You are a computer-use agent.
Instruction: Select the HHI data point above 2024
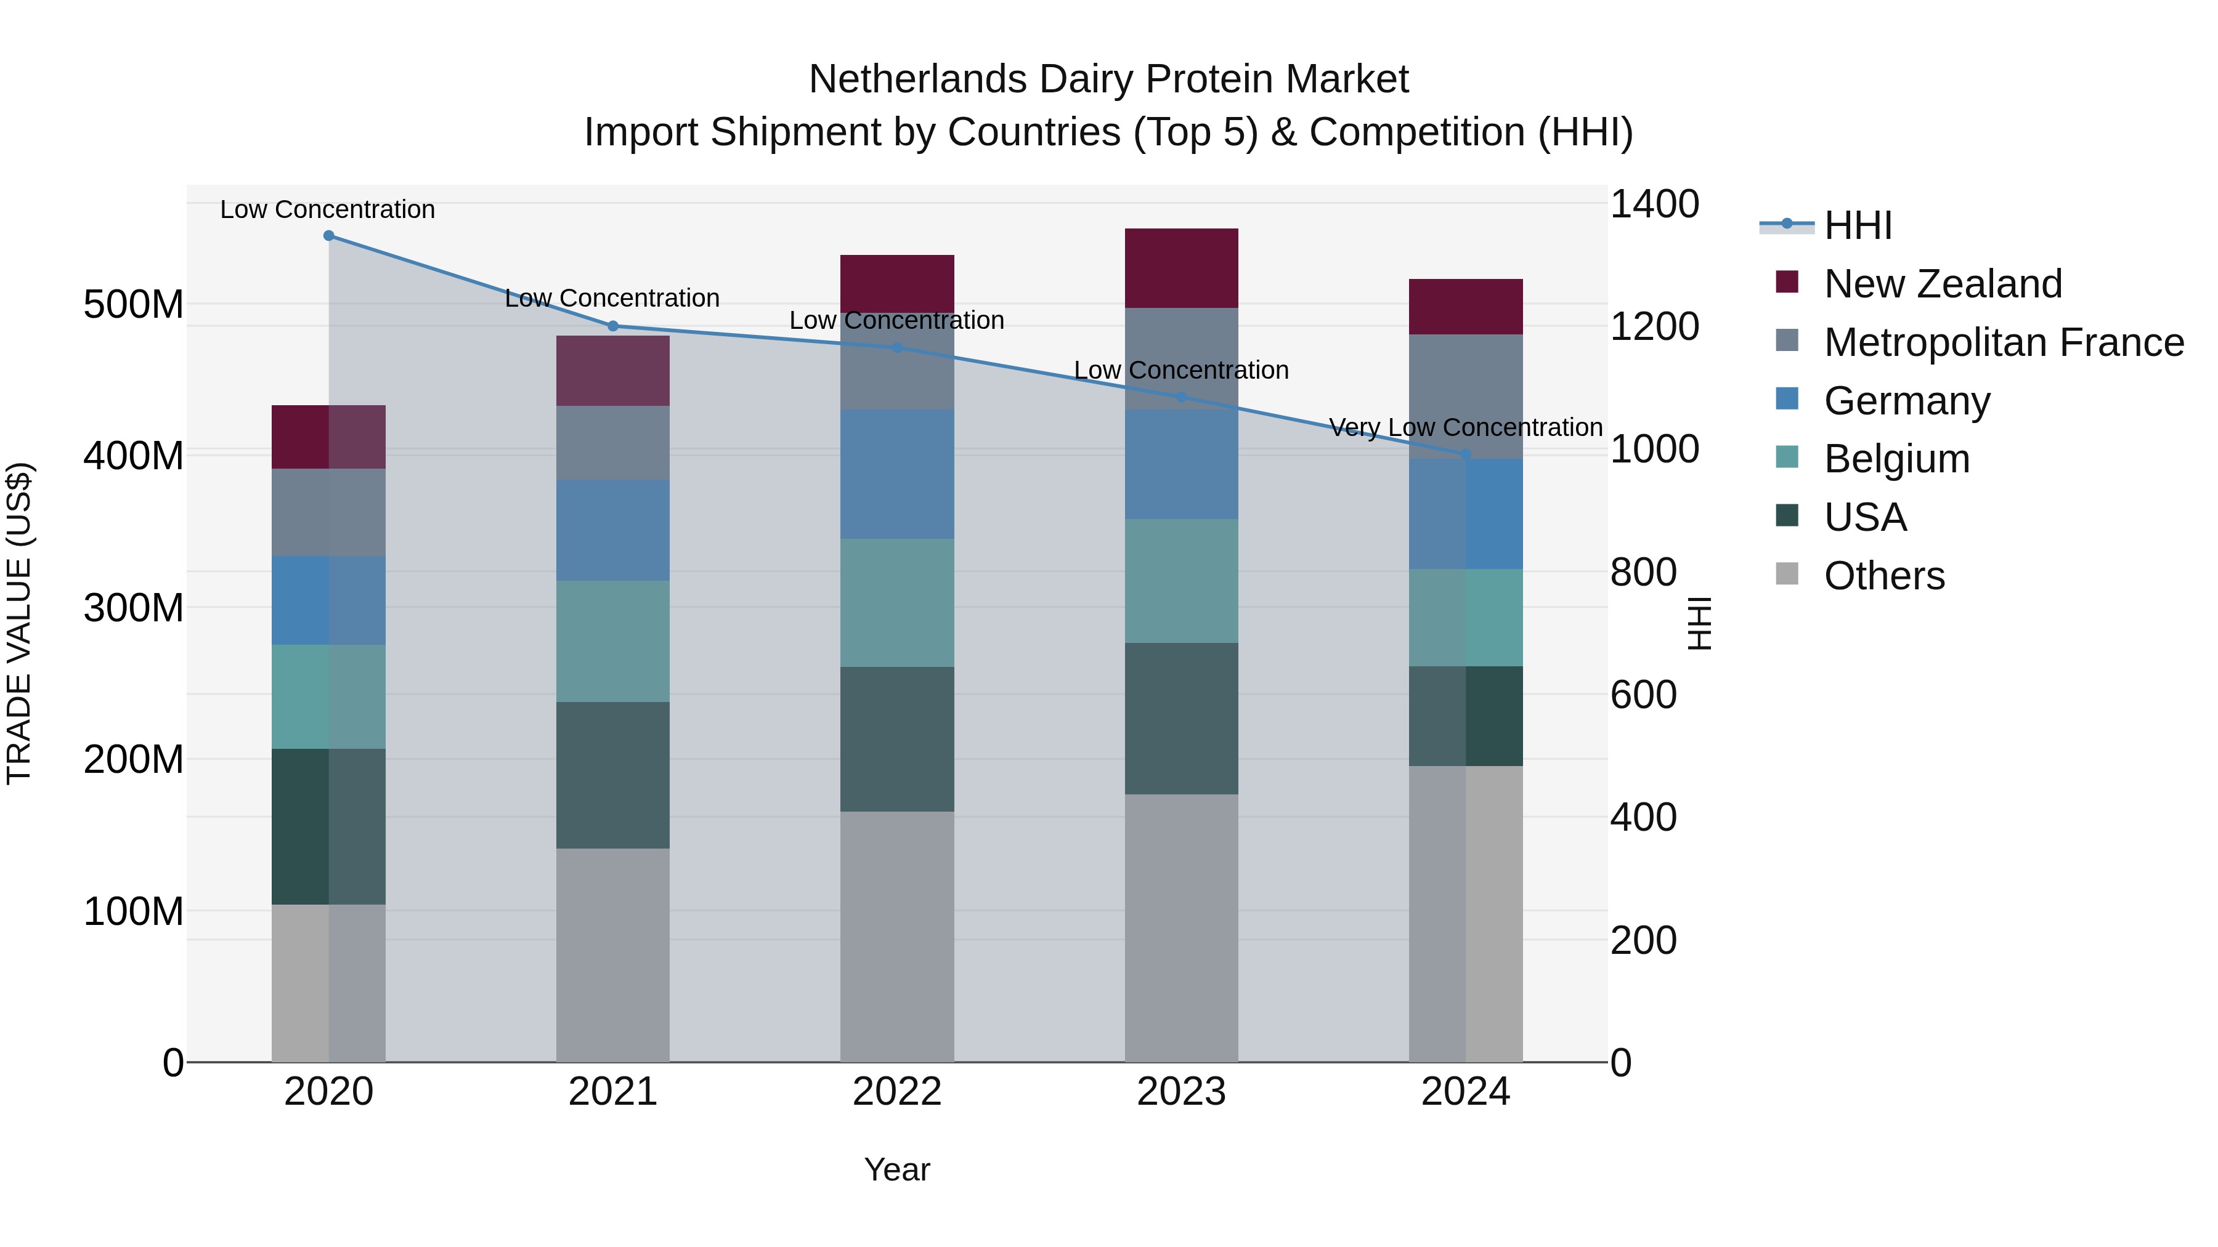(1466, 453)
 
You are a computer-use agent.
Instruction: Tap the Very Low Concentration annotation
(1466, 428)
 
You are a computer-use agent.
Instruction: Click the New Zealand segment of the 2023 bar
(1181, 268)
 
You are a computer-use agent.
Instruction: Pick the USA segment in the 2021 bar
(612, 775)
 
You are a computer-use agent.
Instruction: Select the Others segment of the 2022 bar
(897, 936)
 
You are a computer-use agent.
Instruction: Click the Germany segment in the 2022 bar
(897, 474)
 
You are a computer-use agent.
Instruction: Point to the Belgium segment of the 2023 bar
(1181, 581)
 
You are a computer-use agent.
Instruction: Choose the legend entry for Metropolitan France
(2003, 342)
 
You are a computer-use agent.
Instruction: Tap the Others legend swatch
(1787, 574)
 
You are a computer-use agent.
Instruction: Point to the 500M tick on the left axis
(134, 305)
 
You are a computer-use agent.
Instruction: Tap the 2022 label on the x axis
(897, 1092)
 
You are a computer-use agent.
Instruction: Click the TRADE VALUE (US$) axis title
(20, 623)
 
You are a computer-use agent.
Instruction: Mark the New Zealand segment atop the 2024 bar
(1466, 307)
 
